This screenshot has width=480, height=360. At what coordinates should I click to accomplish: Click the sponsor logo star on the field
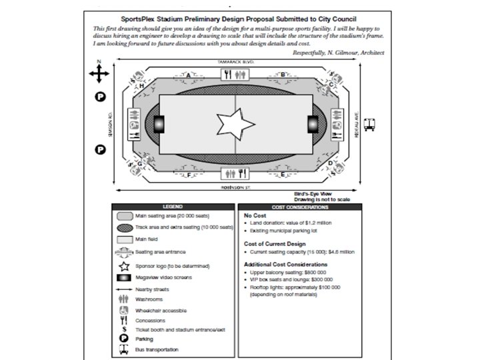point(235,125)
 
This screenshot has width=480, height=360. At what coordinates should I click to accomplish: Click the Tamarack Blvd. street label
point(237,61)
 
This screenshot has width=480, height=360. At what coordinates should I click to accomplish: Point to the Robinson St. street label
point(237,188)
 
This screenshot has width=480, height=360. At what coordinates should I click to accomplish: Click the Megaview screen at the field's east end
point(312,125)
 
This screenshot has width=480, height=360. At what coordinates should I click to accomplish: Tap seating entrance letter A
point(189,76)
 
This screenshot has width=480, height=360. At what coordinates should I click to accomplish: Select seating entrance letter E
point(283,175)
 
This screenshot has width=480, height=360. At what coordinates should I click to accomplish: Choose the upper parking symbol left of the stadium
point(99,97)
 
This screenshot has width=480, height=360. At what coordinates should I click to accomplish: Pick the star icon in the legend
point(125,265)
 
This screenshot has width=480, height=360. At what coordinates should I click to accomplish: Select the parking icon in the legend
point(125,339)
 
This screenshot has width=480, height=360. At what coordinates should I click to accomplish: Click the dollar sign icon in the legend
point(125,329)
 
